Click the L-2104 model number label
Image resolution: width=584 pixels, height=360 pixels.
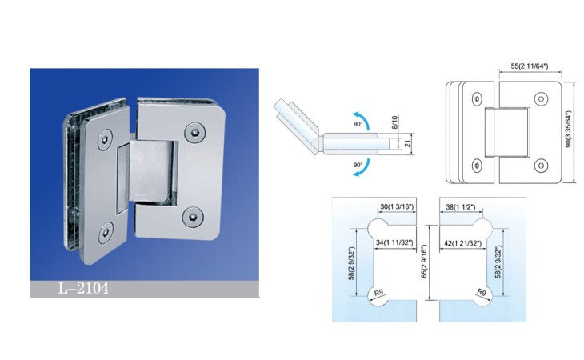83,288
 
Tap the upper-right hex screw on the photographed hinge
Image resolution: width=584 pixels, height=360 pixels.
194,132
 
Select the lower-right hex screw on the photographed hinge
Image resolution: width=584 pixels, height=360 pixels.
192,216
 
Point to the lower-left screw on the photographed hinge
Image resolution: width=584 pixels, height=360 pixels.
106,233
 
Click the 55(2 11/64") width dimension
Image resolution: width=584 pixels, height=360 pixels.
529,66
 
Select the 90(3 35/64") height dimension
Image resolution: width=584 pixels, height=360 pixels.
568,129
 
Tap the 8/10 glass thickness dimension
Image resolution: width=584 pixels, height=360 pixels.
395,122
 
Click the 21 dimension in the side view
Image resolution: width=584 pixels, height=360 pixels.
407,142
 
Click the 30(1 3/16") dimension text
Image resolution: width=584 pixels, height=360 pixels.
397,207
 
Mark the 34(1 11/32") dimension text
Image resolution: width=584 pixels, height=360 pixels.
394,242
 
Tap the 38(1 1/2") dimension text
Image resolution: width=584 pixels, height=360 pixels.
460,207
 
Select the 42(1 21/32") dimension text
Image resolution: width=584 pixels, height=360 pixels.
462,243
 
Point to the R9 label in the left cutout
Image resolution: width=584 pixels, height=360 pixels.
378,293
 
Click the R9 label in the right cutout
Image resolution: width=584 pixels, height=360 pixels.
482,292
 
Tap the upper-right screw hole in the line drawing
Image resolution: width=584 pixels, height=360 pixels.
541,99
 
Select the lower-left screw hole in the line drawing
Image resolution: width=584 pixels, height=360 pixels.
477,166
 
